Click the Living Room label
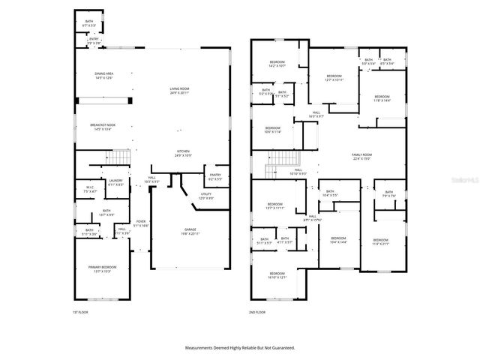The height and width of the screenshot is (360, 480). click(x=178, y=90)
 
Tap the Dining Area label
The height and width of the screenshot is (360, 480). click(x=103, y=75)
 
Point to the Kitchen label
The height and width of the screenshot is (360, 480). click(x=184, y=153)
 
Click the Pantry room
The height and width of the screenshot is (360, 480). click(x=214, y=177)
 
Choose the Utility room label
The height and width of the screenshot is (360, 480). click(x=206, y=196)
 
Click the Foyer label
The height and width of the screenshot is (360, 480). click(x=141, y=223)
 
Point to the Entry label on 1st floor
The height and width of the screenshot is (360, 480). click(x=94, y=42)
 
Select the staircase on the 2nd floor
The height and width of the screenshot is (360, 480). click(x=282, y=158)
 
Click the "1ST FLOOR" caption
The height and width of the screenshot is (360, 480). click(x=80, y=311)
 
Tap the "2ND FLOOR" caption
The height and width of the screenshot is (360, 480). click(x=257, y=311)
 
